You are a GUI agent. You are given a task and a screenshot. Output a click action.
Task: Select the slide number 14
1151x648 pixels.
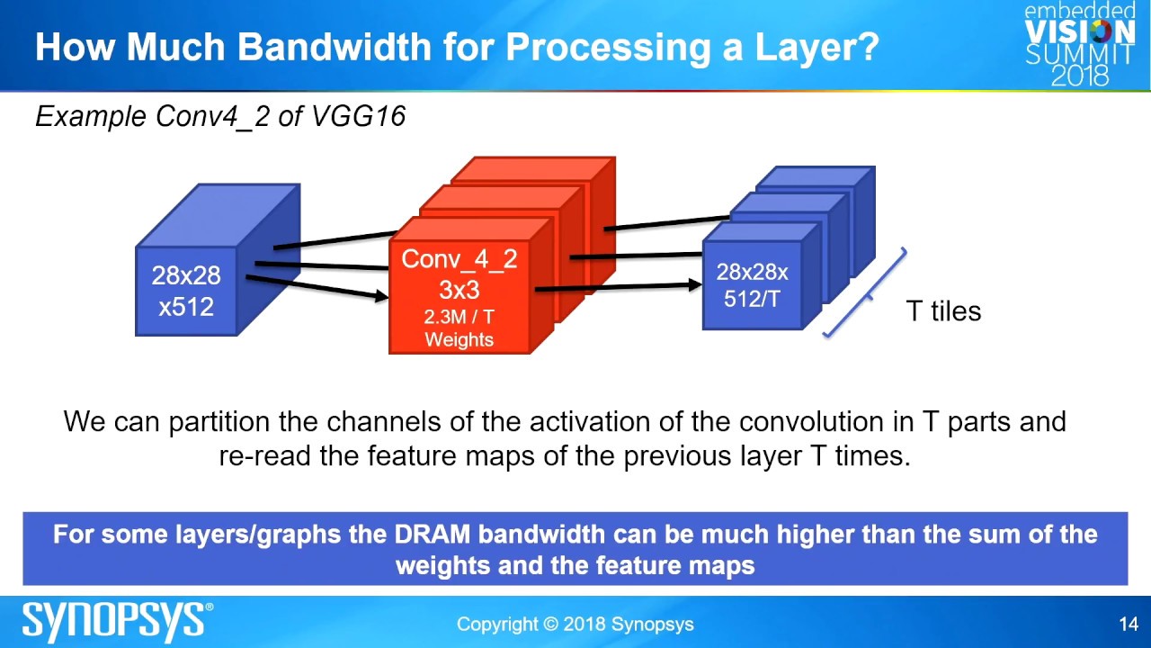point(1129,624)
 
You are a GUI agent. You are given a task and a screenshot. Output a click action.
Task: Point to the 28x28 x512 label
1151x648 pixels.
point(186,291)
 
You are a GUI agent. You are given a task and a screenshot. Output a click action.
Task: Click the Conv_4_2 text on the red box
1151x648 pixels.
point(459,259)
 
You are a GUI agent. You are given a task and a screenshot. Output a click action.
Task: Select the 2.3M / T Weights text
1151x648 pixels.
point(459,328)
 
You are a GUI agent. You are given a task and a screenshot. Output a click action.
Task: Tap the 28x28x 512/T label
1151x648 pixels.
point(752,285)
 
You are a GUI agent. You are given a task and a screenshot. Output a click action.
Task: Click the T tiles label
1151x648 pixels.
point(943,311)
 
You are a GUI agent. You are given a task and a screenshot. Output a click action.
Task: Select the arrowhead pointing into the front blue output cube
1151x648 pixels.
point(694,284)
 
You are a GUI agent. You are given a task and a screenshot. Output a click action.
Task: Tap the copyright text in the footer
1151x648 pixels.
point(575,624)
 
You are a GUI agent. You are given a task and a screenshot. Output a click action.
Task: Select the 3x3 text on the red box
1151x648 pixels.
point(459,291)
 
